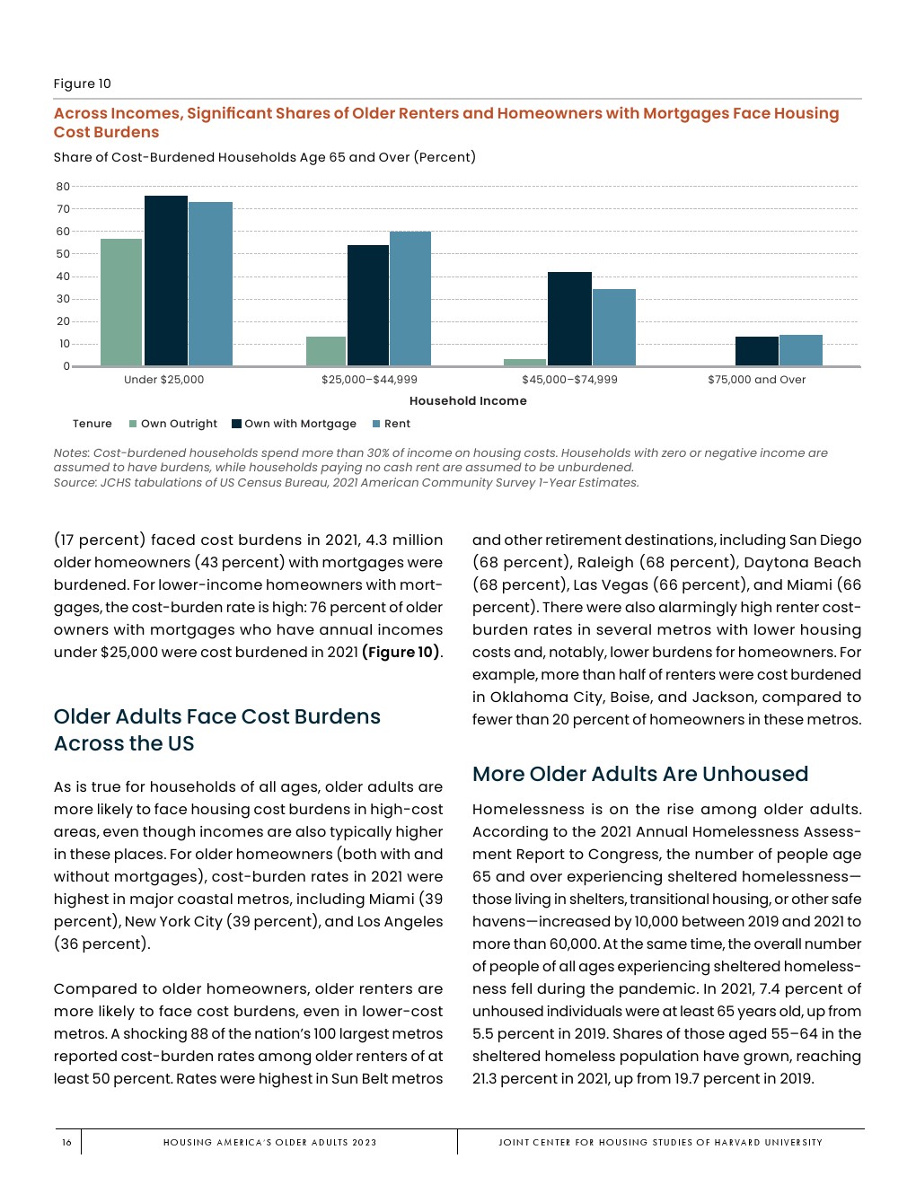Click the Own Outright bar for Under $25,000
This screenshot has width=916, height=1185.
click(x=121, y=303)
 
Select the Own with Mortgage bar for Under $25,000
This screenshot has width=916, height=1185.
click(x=166, y=281)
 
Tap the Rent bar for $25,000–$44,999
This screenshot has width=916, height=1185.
click(x=410, y=299)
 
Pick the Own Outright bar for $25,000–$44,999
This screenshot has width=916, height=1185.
click(x=326, y=351)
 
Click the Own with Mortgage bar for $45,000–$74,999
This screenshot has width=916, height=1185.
click(x=569, y=319)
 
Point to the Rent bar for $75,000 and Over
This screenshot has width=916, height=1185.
click(x=801, y=350)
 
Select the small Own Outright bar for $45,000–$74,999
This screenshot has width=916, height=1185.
click(x=524, y=362)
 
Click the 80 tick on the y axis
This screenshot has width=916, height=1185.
click(x=63, y=187)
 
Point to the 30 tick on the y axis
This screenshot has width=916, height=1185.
click(x=63, y=299)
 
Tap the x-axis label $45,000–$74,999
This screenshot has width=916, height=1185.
click(x=569, y=380)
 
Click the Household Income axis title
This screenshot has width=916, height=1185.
click(x=468, y=401)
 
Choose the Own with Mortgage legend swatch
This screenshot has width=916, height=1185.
click(x=237, y=424)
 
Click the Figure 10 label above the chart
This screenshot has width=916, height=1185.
click(x=83, y=83)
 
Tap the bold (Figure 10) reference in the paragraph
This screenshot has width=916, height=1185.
click(x=401, y=653)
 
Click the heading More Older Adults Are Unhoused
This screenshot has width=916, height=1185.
click(x=640, y=774)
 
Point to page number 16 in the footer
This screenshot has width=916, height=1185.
click(x=66, y=1142)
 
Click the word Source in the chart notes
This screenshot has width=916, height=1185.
click(x=75, y=483)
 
